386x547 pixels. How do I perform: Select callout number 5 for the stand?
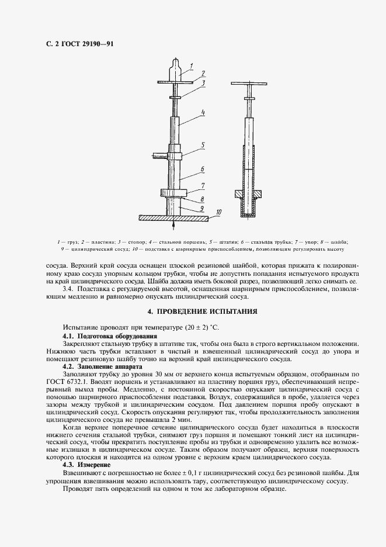[201, 144]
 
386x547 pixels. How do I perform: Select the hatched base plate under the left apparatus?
[173, 217]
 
